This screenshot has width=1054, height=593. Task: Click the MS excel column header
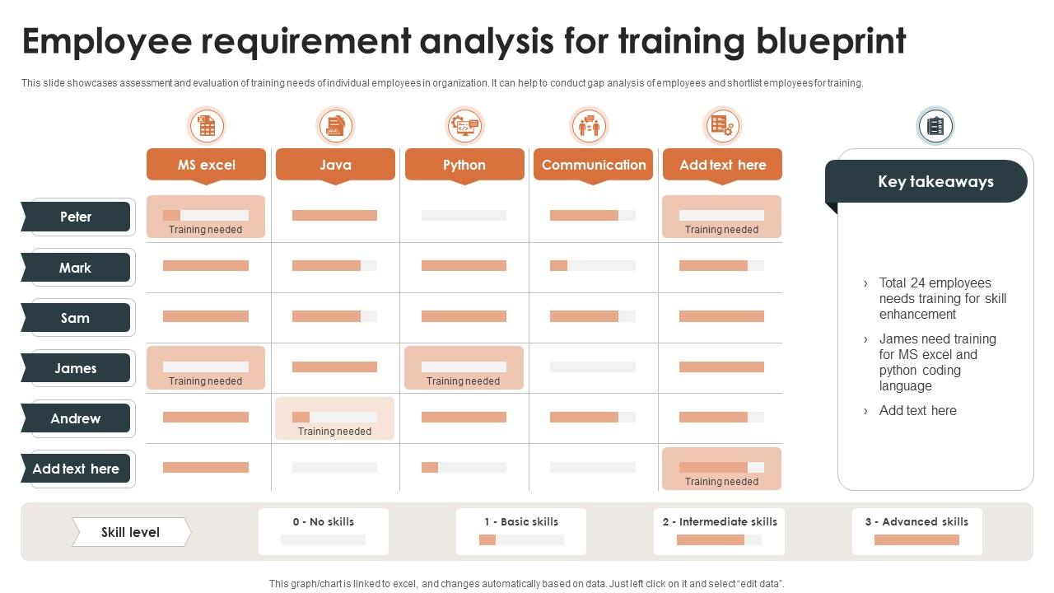pos(206,165)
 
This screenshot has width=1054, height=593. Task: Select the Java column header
pos(335,165)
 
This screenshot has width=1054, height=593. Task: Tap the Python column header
pos(464,165)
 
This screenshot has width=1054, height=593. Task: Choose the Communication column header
pos(593,165)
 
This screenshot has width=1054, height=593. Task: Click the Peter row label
pos(76,217)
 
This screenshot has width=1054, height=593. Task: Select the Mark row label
pos(76,268)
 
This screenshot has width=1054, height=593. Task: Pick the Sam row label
pos(76,318)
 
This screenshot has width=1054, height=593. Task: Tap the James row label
pos(76,368)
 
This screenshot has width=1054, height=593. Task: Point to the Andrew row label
pos(76,418)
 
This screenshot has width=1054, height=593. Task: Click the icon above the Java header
pos(335,126)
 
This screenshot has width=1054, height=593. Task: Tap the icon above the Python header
pos(464,126)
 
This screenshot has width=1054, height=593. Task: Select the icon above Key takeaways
pos(935,126)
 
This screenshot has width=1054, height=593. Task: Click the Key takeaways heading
pos(935,182)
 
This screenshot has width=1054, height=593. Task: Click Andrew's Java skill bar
pos(334,417)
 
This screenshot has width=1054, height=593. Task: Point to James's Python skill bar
pos(464,367)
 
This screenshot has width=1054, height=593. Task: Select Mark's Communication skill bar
pos(593,265)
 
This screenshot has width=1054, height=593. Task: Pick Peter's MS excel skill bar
pos(206,215)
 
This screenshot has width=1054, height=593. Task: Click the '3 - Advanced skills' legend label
pos(916,521)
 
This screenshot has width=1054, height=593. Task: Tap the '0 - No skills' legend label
pos(323,521)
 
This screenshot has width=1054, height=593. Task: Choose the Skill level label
pos(130,532)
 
